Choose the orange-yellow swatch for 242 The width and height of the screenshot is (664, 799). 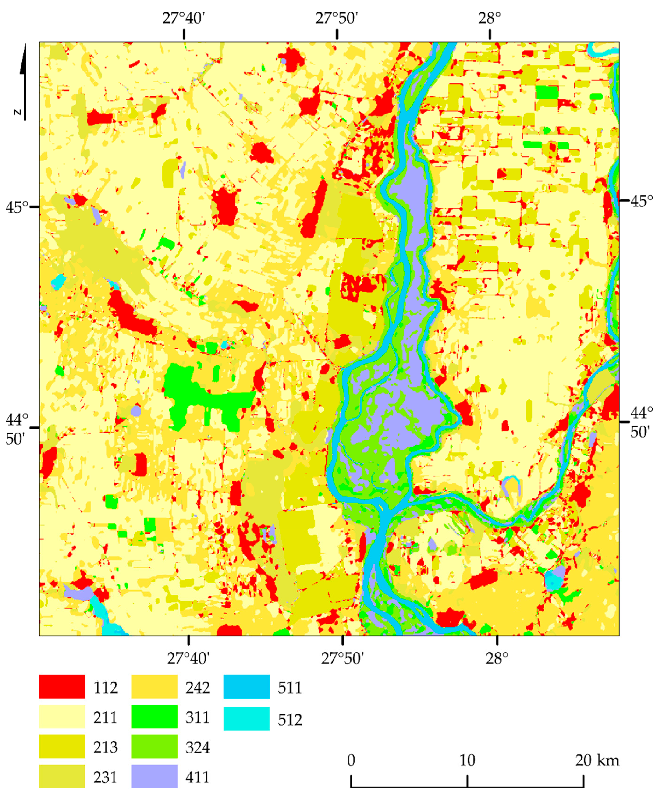tap(154, 686)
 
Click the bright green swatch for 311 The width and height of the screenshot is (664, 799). tap(154, 716)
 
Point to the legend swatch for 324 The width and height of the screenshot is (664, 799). tap(154, 746)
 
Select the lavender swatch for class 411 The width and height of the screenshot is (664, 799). tap(154, 776)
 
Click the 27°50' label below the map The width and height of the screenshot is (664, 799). tap(342, 658)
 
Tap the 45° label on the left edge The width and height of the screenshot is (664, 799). tap(17, 207)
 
